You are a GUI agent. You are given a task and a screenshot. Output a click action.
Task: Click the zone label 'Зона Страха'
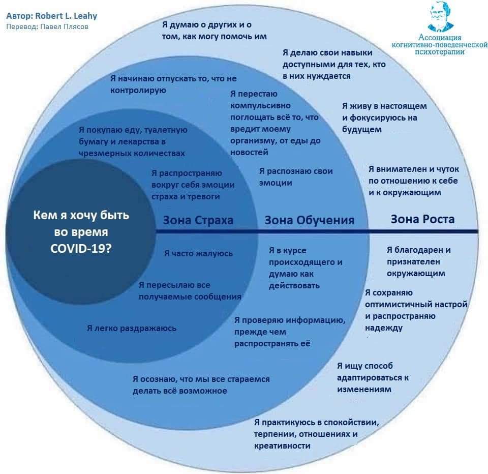click(198, 220)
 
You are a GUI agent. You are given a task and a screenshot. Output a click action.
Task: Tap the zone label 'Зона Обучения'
click(309, 220)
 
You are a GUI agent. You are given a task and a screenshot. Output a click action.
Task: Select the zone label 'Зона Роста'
click(422, 219)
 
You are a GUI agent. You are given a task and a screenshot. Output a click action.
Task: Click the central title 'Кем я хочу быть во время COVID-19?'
click(81, 231)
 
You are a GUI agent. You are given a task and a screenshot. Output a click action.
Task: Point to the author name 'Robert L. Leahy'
click(66, 16)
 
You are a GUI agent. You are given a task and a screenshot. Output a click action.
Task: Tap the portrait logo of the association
click(440, 16)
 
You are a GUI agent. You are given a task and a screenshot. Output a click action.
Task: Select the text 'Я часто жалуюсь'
click(198, 253)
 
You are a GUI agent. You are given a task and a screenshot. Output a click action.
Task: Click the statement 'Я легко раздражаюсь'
click(132, 328)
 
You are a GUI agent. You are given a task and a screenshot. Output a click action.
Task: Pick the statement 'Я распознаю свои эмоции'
click(296, 177)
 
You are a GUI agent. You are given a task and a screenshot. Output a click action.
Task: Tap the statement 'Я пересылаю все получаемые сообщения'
click(190, 290)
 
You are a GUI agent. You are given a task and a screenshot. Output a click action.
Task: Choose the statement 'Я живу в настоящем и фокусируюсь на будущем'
click(384, 118)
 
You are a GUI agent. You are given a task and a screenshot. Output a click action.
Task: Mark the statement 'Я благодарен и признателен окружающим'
click(418, 261)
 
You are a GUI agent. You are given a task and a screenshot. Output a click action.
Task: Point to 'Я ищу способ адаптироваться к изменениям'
click(373, 377)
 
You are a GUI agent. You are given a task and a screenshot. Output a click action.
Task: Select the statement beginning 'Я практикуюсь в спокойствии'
click(317, 434)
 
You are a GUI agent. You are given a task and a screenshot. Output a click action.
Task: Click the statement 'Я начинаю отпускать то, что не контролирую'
click(173, 84)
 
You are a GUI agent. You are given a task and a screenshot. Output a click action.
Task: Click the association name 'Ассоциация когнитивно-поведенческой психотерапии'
click(439, 45)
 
